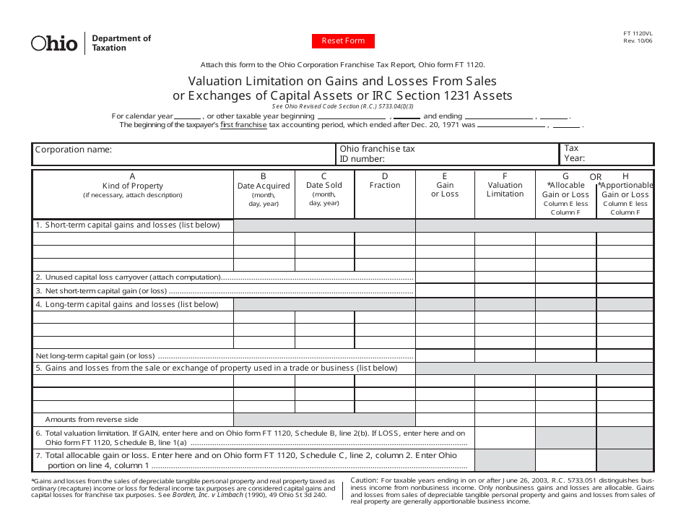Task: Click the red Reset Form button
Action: click(x=343, y=41)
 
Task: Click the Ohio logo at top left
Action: click(x=54, y=43)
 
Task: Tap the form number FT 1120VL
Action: click(x=638, y=33)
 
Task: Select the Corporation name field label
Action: click(x=74, y=150)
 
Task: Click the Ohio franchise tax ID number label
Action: click(x=377, y=154)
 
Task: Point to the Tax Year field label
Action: click(x=574, y=153)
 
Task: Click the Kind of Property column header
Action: click(x=133, y=186)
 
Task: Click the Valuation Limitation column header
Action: click(x=505, y=189)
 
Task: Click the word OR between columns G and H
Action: click(x=596, y=177)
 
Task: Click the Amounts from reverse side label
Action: click(x=92, y=420)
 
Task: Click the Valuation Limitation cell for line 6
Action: click(x=505, y=438)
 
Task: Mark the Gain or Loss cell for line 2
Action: click(x=445, y=277)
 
